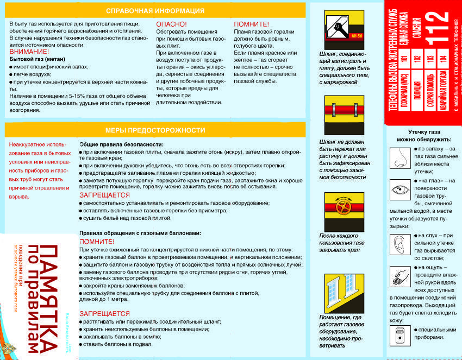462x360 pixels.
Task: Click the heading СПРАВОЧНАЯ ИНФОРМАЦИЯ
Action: click(x=155, y=11)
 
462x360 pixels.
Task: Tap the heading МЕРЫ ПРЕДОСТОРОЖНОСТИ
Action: click(x=155, y=130)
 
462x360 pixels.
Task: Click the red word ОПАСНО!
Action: click(x=171, y=24)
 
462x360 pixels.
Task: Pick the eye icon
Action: click(x=399, y=190)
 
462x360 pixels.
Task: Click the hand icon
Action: click(x=399, y=276)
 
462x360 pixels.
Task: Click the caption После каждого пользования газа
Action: click(x=342, y=239)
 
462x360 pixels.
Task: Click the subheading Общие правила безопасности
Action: click(x=121, y=144)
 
